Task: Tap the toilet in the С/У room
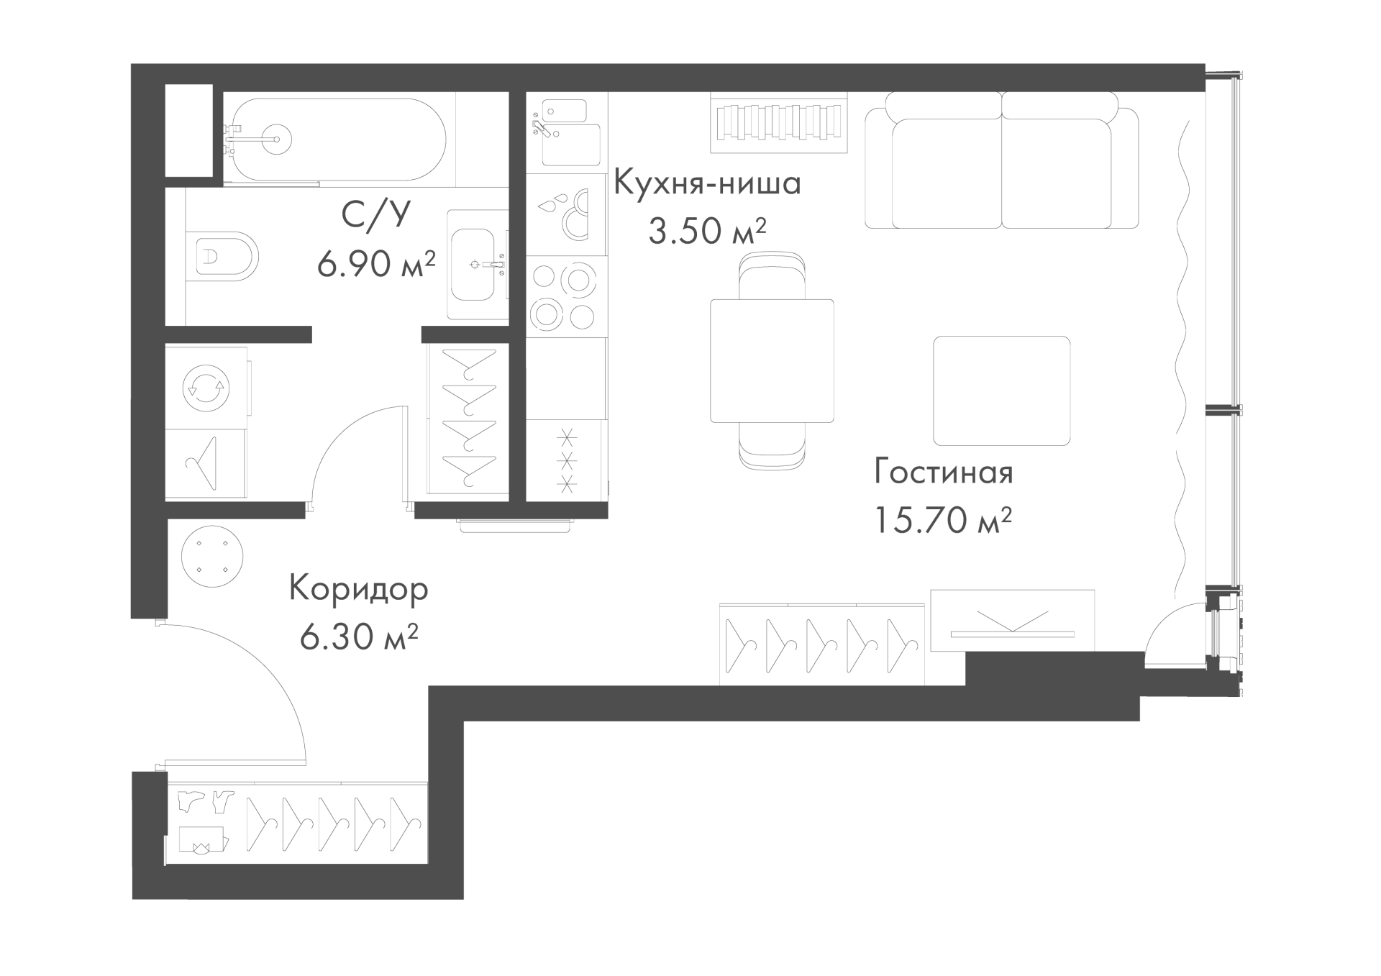click(225, 256)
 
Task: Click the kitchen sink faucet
click(542, 129)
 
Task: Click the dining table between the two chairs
click(772, 361)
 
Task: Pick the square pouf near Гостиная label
click(1001, 391)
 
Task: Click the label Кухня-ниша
click(707, 183)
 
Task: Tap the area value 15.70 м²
click(943, 519)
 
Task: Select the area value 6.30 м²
click(359, 637)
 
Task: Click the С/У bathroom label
click(376, 215)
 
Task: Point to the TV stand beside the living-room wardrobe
click(1012, 620)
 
